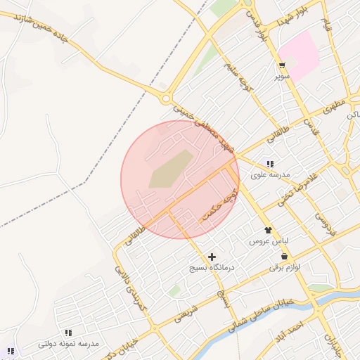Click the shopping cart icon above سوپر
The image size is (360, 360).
pos(281,66)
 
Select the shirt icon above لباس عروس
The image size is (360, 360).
pos(268,230)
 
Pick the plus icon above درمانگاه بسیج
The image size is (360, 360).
pos(212,257)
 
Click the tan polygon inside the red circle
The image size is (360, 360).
pos(169,169)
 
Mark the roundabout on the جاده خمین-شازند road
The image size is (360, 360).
pos(166,99)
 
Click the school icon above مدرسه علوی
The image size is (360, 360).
pos(270,164)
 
